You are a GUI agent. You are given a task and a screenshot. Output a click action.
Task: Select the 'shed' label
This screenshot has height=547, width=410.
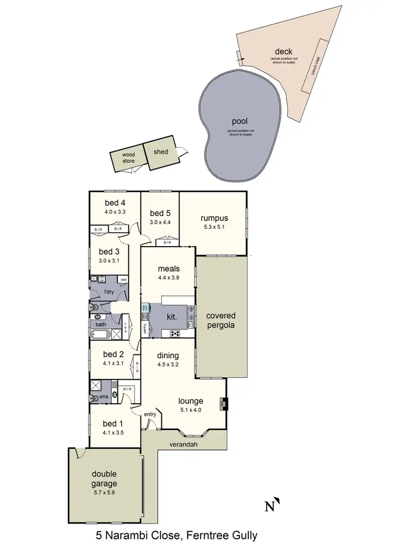(x=161, y=152)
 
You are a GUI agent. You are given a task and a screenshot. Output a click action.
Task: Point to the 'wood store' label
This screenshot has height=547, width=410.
(x=128, y=158)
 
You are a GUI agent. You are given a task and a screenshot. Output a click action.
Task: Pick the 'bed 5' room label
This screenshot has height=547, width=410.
(x=161, y=213)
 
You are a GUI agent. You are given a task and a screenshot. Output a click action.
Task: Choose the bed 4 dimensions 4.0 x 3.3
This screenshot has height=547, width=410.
(x=115, y=211)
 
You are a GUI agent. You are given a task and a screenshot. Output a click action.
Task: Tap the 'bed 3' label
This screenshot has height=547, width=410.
(x=109, y=252)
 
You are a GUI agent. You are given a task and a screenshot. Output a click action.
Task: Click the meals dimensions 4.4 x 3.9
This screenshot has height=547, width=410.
(x=169, y=277)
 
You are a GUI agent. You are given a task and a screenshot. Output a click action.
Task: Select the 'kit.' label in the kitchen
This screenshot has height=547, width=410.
(x=171, y=317)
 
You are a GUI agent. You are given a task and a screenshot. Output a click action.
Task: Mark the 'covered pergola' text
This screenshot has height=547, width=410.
(x=221, y=321)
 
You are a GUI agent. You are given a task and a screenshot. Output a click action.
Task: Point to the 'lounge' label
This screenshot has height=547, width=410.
(x=191, y=400)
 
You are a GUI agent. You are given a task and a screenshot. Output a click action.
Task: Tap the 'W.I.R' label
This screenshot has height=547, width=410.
(x=126, y=389)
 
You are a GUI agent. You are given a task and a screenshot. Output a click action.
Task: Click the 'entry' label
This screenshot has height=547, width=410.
(x=150, y=414)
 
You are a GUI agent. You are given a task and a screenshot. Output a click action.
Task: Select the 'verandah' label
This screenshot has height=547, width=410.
(x=183, y=444)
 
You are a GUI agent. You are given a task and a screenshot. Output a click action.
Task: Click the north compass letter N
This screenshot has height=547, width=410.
(x=269, y=507)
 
